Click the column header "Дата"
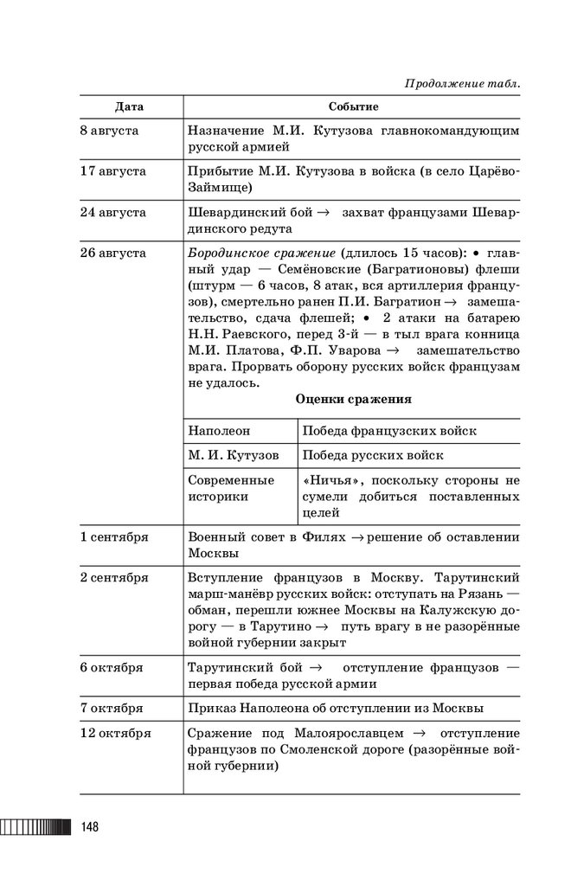click(130, 106)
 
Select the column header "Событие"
click(353, 106)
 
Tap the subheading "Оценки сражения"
click(353, 400)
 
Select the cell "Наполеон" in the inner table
click(218, 431)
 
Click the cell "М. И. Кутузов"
click(234, 455)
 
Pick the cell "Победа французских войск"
click(389, 431)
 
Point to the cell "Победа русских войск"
click(373, 455)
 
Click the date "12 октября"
click(117, 734)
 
